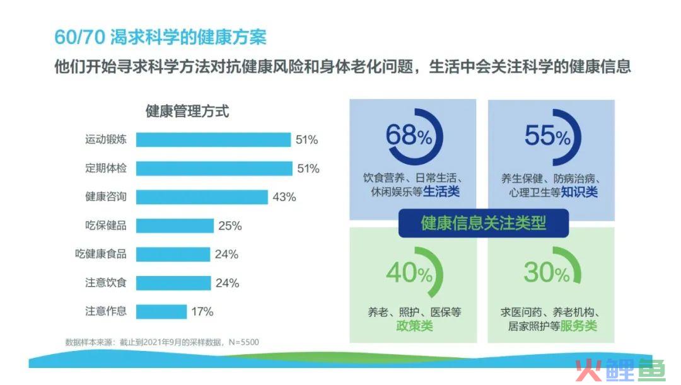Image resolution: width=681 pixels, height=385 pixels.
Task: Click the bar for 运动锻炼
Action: tap(213, 140)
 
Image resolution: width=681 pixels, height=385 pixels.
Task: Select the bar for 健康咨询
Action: tap(202, 197)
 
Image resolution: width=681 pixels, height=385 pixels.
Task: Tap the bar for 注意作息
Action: tap(161, 312)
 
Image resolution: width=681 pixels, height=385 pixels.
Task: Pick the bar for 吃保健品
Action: tap(175, 226)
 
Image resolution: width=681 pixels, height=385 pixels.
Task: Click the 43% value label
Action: tap(284, 197)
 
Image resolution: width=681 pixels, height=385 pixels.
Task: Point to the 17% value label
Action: tap(202, 312)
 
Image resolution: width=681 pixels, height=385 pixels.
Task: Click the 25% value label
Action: tap(230, 226)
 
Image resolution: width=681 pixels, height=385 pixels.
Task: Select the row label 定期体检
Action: tap(105, 168)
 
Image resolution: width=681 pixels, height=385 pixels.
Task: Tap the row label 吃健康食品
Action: tap(101, 254)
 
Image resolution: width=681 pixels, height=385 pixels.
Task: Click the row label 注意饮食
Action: tap(105, 282)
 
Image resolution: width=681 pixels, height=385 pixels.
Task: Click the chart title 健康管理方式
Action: tap(187, 111)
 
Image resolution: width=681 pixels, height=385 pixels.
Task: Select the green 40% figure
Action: tap(409, 273)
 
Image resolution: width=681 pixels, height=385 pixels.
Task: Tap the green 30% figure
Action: tap(546, 272)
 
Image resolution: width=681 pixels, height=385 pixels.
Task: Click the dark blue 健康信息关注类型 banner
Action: tap(484, 223)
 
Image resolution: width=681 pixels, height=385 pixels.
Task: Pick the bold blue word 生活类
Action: tap(441, 192)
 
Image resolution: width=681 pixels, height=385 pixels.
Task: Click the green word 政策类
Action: tap(414, 326)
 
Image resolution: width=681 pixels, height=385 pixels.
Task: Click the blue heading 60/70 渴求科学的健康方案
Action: tap(160, 37)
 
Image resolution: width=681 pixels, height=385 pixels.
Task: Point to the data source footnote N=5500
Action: tap(162, 342)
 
